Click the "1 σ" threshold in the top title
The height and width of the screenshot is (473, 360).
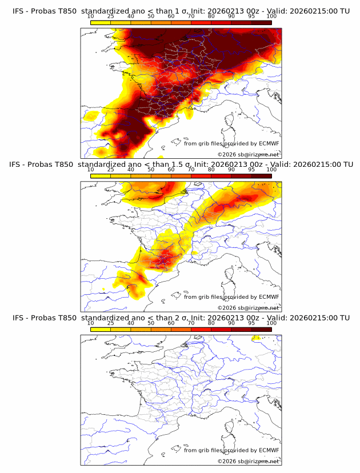186,10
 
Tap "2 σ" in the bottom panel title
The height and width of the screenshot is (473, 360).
186,318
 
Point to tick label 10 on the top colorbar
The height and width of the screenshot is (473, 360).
91,16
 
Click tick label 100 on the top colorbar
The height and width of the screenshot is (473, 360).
271,16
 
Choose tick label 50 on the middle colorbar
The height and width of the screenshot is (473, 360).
151,170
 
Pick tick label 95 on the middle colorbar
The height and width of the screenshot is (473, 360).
251,170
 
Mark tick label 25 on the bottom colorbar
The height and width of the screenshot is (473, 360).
111,323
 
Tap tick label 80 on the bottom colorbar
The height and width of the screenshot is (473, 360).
211,323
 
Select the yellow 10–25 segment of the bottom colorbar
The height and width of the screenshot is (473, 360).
101,330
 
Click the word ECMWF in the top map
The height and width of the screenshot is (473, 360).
269,143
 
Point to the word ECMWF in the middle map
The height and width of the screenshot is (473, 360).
269,297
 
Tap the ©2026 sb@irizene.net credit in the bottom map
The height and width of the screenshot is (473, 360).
248,461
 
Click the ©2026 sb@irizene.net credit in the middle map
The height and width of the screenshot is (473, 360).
248,308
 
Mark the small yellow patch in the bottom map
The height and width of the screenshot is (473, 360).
256,338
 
